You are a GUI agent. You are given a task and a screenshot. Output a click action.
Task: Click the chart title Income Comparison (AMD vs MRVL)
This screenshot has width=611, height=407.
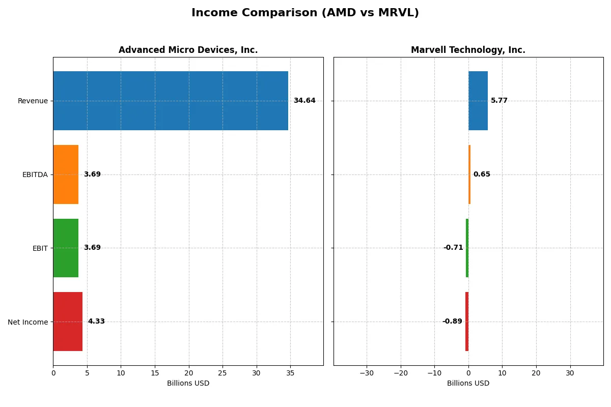pos(305,13)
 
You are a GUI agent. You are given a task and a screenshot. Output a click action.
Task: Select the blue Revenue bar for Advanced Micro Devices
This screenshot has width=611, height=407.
pos(171,101)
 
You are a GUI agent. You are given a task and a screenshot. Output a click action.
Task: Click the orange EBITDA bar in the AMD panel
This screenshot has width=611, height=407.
pos(66,175)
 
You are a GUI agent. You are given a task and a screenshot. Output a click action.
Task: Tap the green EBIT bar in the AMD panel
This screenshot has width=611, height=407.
pos(66,248)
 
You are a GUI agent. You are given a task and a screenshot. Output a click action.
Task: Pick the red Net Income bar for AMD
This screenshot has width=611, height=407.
pos(68,322)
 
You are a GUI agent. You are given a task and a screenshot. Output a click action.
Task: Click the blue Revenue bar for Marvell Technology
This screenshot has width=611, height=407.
pos(478,101)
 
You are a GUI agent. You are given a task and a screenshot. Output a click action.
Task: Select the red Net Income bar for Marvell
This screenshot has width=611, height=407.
pos(467,322)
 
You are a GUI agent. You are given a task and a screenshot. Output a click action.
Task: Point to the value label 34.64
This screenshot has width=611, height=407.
pos(304,101)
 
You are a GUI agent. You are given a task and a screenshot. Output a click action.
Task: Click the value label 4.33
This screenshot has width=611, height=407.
pos(96,322)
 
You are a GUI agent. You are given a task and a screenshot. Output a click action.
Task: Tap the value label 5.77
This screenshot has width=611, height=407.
pos(499,101)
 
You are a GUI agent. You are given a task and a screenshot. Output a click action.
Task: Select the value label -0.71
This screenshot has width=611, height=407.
pos(453,248)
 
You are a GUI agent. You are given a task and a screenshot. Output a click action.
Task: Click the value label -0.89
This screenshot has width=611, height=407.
pos(452,322)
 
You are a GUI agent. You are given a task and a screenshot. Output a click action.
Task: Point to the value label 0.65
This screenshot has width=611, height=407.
pos(482,175)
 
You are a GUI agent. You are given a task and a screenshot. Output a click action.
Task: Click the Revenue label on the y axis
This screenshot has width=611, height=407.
pos(33,101)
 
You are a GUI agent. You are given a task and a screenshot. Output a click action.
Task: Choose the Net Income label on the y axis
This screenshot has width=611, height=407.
pos(28,322)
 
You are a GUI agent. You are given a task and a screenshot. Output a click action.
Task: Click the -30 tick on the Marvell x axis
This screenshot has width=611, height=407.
pos(367,373)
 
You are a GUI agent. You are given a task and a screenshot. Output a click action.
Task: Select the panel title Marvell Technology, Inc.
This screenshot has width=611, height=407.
pos(468,50)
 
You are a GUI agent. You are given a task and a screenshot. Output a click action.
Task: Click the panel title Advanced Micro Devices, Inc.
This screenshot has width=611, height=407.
pos(188,50)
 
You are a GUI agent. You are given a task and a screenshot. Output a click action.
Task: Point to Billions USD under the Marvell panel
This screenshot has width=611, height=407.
pos(468,383)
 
